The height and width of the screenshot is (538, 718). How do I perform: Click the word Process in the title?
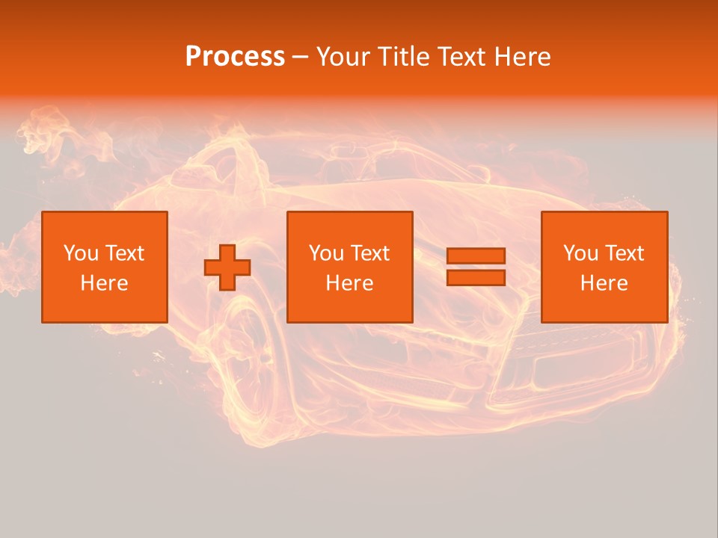tap(235, 57)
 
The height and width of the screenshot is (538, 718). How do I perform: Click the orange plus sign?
tap(227, 268)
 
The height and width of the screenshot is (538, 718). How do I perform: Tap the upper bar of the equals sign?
tap(476, 256)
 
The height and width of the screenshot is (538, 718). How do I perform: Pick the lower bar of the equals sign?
tap(476, 278)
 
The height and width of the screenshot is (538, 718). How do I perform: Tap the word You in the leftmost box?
tap(80, 253)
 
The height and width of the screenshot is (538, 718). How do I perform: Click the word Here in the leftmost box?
tap(104, 283)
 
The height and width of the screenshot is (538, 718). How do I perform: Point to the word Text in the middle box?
tap(370, 253)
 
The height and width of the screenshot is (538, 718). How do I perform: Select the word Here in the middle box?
tap(349, 283)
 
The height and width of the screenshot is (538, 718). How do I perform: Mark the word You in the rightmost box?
tap(580, 253)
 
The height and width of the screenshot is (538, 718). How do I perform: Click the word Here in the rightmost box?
tap(604, 283)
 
